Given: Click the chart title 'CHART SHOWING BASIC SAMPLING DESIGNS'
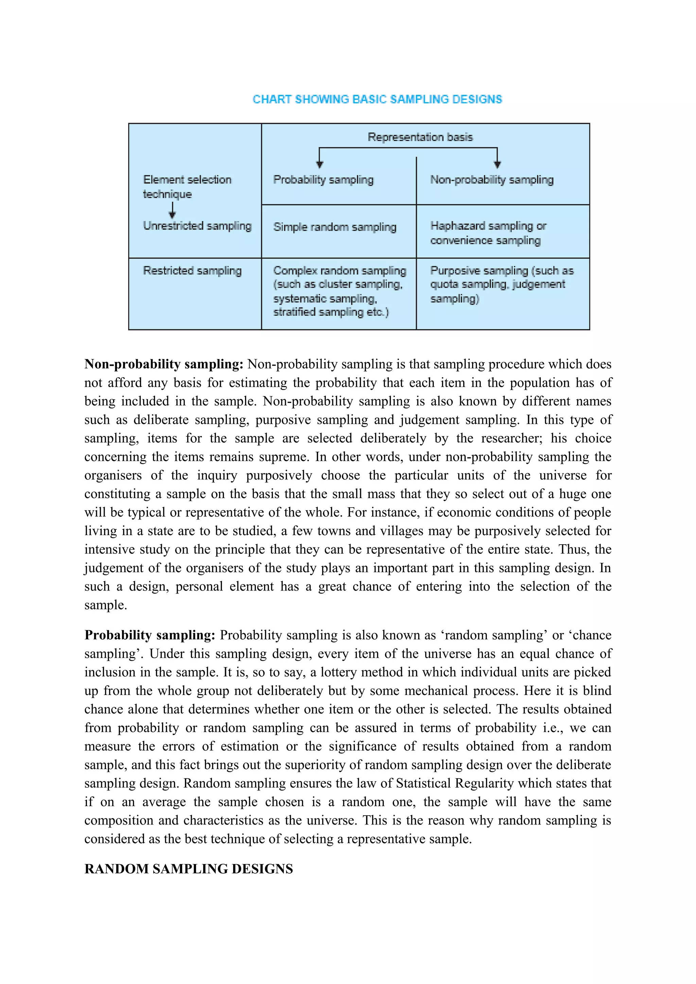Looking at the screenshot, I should [x=377, y=99].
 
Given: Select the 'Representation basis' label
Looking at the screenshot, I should [x=420, y=137].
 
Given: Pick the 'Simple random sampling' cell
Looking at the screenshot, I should [x=334, y=227].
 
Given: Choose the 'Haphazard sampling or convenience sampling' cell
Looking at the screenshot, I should [x=488, y=233].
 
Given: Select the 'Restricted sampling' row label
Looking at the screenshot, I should [x=192, y=271].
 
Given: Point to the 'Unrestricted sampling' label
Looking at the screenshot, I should [x=197, y=226].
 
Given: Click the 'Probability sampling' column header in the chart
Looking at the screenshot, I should [x=323, y=180].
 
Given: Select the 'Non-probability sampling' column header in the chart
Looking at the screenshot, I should [x=491, y=180].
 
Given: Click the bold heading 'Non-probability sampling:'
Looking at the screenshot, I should [x=164, y=364].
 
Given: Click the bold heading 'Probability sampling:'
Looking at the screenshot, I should [x=150, y=635].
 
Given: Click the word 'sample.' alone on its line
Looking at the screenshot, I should [x=105, y=605].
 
